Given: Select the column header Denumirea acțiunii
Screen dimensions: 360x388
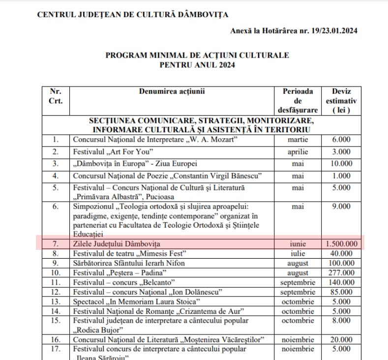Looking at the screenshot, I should pos(171,91).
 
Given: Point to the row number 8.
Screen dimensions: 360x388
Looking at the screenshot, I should pos(56,253).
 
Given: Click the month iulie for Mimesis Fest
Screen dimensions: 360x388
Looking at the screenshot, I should pos(298,253).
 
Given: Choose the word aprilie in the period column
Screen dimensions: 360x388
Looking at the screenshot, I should pos(298,151).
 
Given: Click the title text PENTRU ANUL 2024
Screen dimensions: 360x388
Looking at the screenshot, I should pos(197,65).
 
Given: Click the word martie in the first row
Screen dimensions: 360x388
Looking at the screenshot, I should pos(298,140).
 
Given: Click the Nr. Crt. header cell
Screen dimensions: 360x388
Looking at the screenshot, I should pos(56,95).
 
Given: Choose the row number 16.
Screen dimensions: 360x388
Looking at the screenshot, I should pos(56,340).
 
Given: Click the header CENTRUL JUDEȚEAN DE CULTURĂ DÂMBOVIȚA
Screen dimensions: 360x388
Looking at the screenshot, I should pos(133,14).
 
